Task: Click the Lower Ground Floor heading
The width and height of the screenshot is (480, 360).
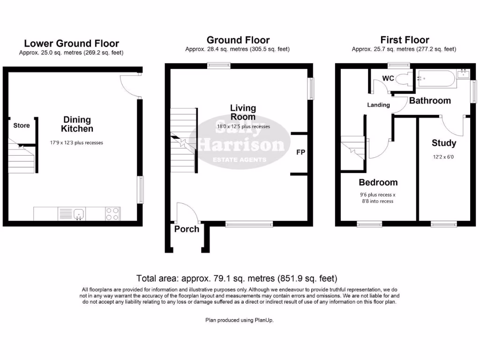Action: (x=71, y=44)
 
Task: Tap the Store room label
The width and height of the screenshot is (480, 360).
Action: (x=22, y=125)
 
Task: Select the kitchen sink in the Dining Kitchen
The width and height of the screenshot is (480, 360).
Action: (x=79, y=214)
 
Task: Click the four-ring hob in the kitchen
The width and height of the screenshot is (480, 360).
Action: (x=112, y=214)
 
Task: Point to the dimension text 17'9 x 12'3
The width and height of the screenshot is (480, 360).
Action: (x=76, y=142)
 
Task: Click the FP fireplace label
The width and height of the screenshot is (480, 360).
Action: (x=300, y=152)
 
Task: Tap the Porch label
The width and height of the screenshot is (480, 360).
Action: (x=187, y=229)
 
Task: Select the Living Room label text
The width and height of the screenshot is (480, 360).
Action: (x=243, y=112)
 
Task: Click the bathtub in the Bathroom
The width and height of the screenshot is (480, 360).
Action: (x=436, y=79)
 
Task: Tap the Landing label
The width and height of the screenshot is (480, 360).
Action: (x=378, y=105)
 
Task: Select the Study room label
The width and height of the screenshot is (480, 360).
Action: (x=443, y=143)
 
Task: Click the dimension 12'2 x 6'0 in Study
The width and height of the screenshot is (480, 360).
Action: (x=443, y=157)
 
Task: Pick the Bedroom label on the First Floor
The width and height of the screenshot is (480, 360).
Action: (x=378, y=182)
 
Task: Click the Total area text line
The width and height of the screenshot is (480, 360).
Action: (x=236, y=278)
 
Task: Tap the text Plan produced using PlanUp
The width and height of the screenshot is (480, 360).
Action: (x=239, y=320)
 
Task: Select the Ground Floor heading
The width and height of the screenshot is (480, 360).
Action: (x=238, y=40)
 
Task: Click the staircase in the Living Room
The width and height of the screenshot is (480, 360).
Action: (x=183, y=141)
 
